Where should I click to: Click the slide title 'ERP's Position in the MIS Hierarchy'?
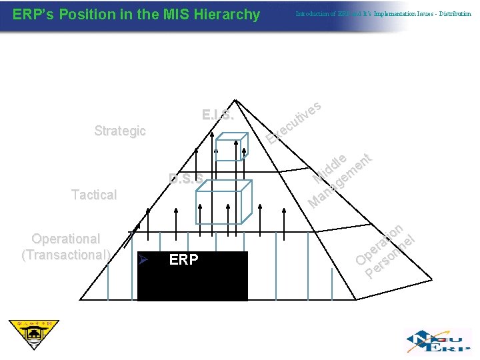[x=136, y=14]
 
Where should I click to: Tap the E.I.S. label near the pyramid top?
[x=218, y=115]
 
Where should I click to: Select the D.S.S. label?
[x=186, y=178]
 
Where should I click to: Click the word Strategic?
[x=120, y=131]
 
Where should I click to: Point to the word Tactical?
[x=94, y=195]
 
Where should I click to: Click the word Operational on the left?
[x=66, y=239]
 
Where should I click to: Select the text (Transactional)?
[x=66, y=254]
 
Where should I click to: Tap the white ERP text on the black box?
[x=183, y=260]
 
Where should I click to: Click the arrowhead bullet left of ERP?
[x=141, y=260]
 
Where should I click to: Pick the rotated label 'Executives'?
[x=294, y=123]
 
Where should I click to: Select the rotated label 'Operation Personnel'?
[x=385, y=250]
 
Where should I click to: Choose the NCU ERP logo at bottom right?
[x=436, y=340]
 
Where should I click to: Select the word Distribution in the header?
[x=455, y=14]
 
